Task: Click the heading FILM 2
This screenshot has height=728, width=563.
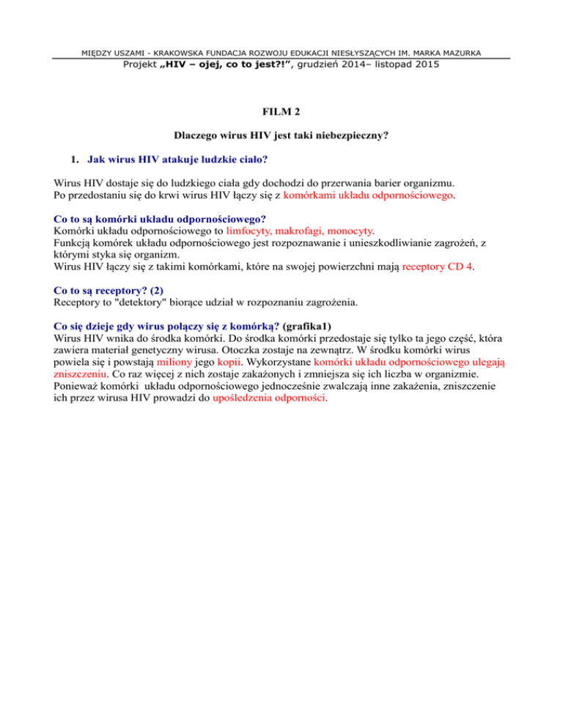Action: tap(281, 114)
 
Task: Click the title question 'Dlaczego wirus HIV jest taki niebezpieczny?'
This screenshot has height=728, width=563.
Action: tap(281, 136)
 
